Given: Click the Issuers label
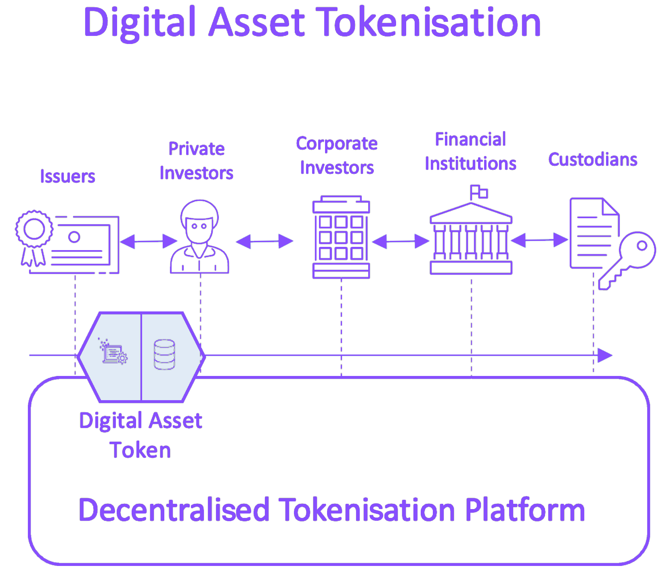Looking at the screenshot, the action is tap(68, 176).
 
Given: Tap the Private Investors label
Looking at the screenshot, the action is tap(197, 161).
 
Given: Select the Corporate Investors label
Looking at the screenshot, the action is tap(337, 155).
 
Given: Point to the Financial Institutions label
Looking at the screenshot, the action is tap(471, 151).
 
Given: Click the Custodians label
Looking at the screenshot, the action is tap(593, 160).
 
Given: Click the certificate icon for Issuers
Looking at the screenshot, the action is tap(67, 242).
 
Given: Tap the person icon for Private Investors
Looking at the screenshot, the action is tap(199, 237).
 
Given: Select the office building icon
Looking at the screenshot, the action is tap(341, 237).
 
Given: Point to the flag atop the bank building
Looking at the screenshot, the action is tap(479, 192).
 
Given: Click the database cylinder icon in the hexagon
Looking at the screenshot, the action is tap(164, 355).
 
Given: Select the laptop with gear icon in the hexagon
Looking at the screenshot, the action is tap(113, 351).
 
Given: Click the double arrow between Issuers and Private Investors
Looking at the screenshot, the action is tap(149, 242).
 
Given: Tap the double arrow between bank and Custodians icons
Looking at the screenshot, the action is tap(539, 240).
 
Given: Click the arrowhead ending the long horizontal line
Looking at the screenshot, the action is tap(605, 355).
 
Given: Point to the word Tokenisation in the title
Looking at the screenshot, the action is tap(428, 23).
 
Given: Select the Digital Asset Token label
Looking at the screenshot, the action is tap(141, 435).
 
